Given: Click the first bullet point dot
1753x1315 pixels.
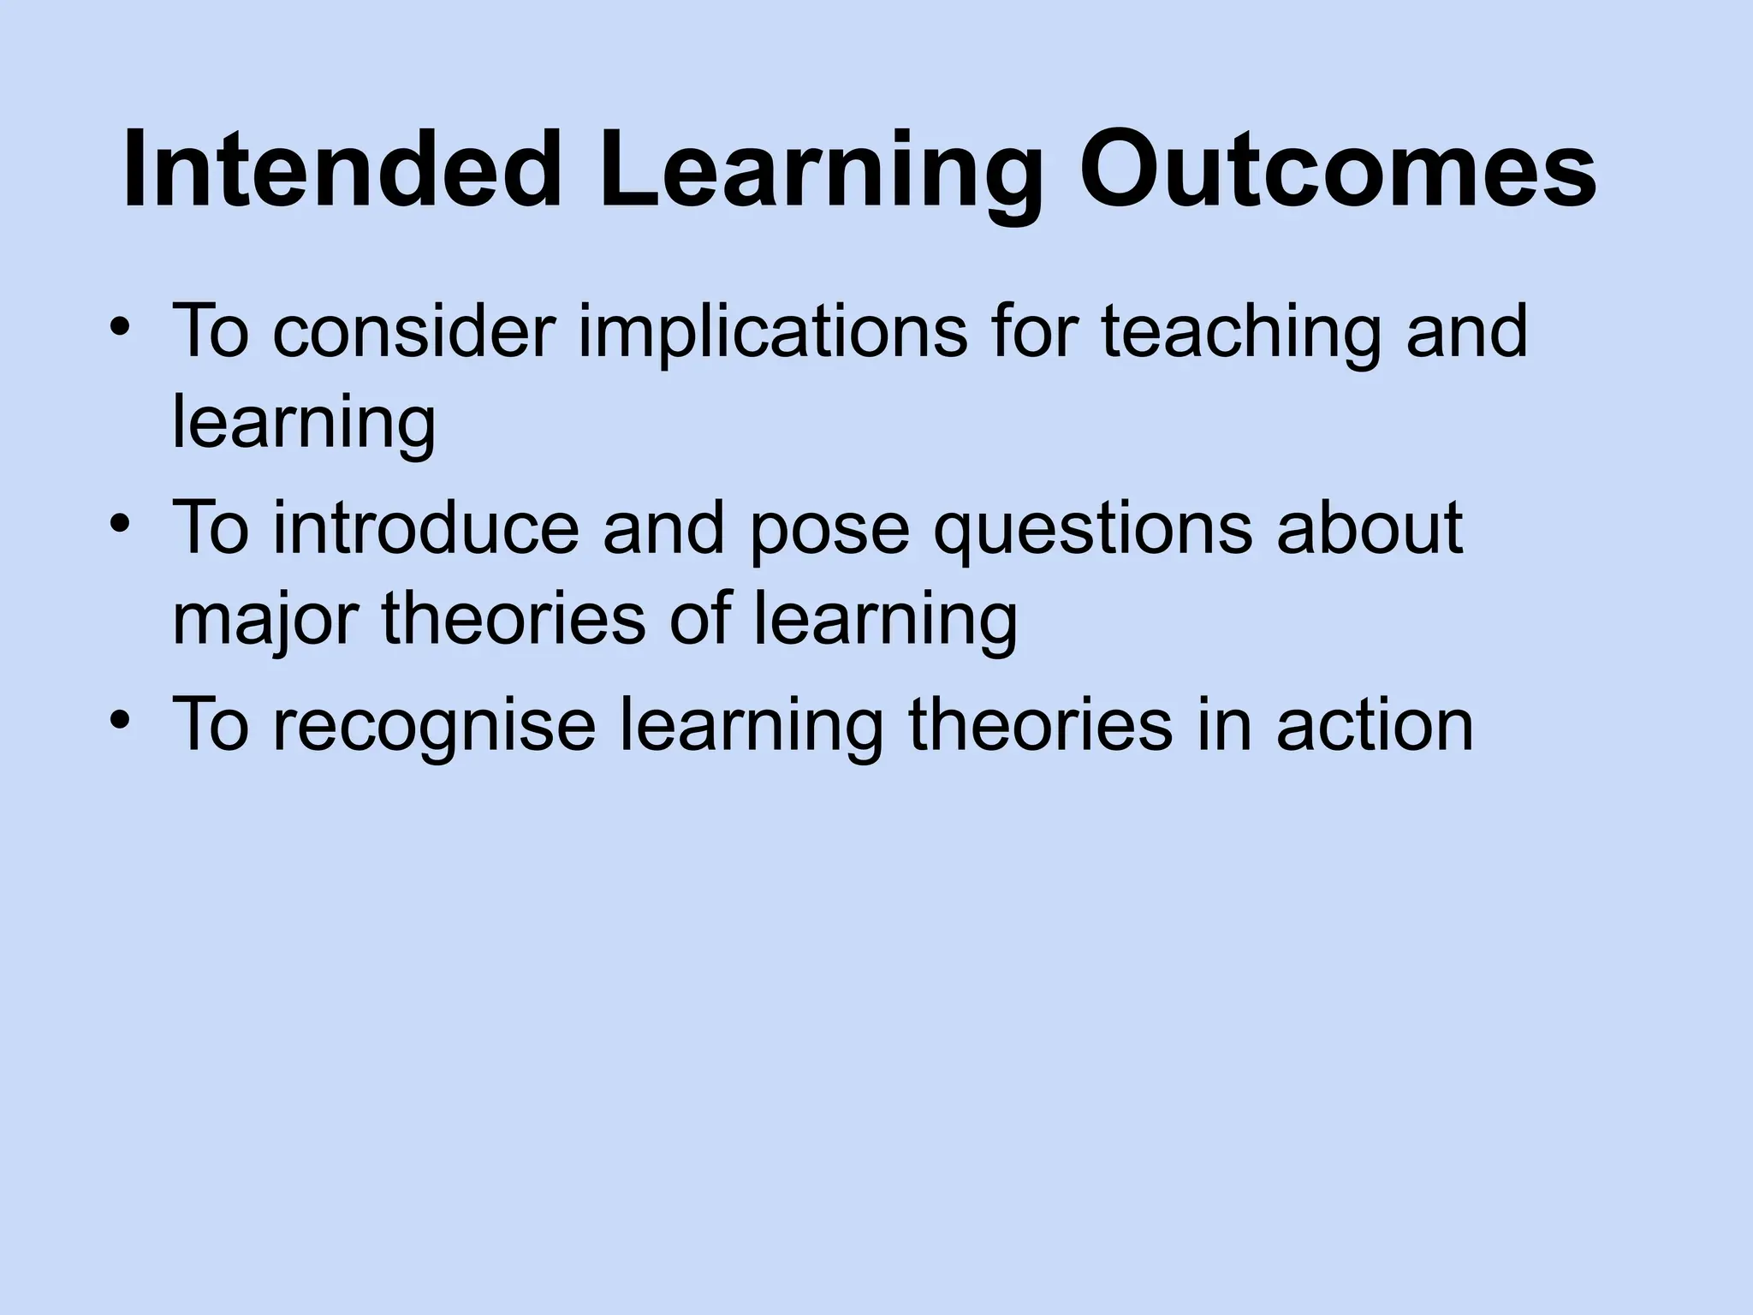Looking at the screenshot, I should [x=120, y=329].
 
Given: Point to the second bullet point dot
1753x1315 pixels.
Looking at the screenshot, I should [x=120, y=524].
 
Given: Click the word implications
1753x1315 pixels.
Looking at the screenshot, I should [x=772, y=334].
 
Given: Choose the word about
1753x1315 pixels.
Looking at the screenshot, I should [x=1370, y=527].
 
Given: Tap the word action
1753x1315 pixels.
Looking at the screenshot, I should [x=1375, y=724].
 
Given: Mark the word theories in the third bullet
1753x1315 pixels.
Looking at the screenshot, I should [x=1039, y=724].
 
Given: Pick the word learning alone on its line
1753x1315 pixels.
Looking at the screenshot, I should [x=304, y=426].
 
